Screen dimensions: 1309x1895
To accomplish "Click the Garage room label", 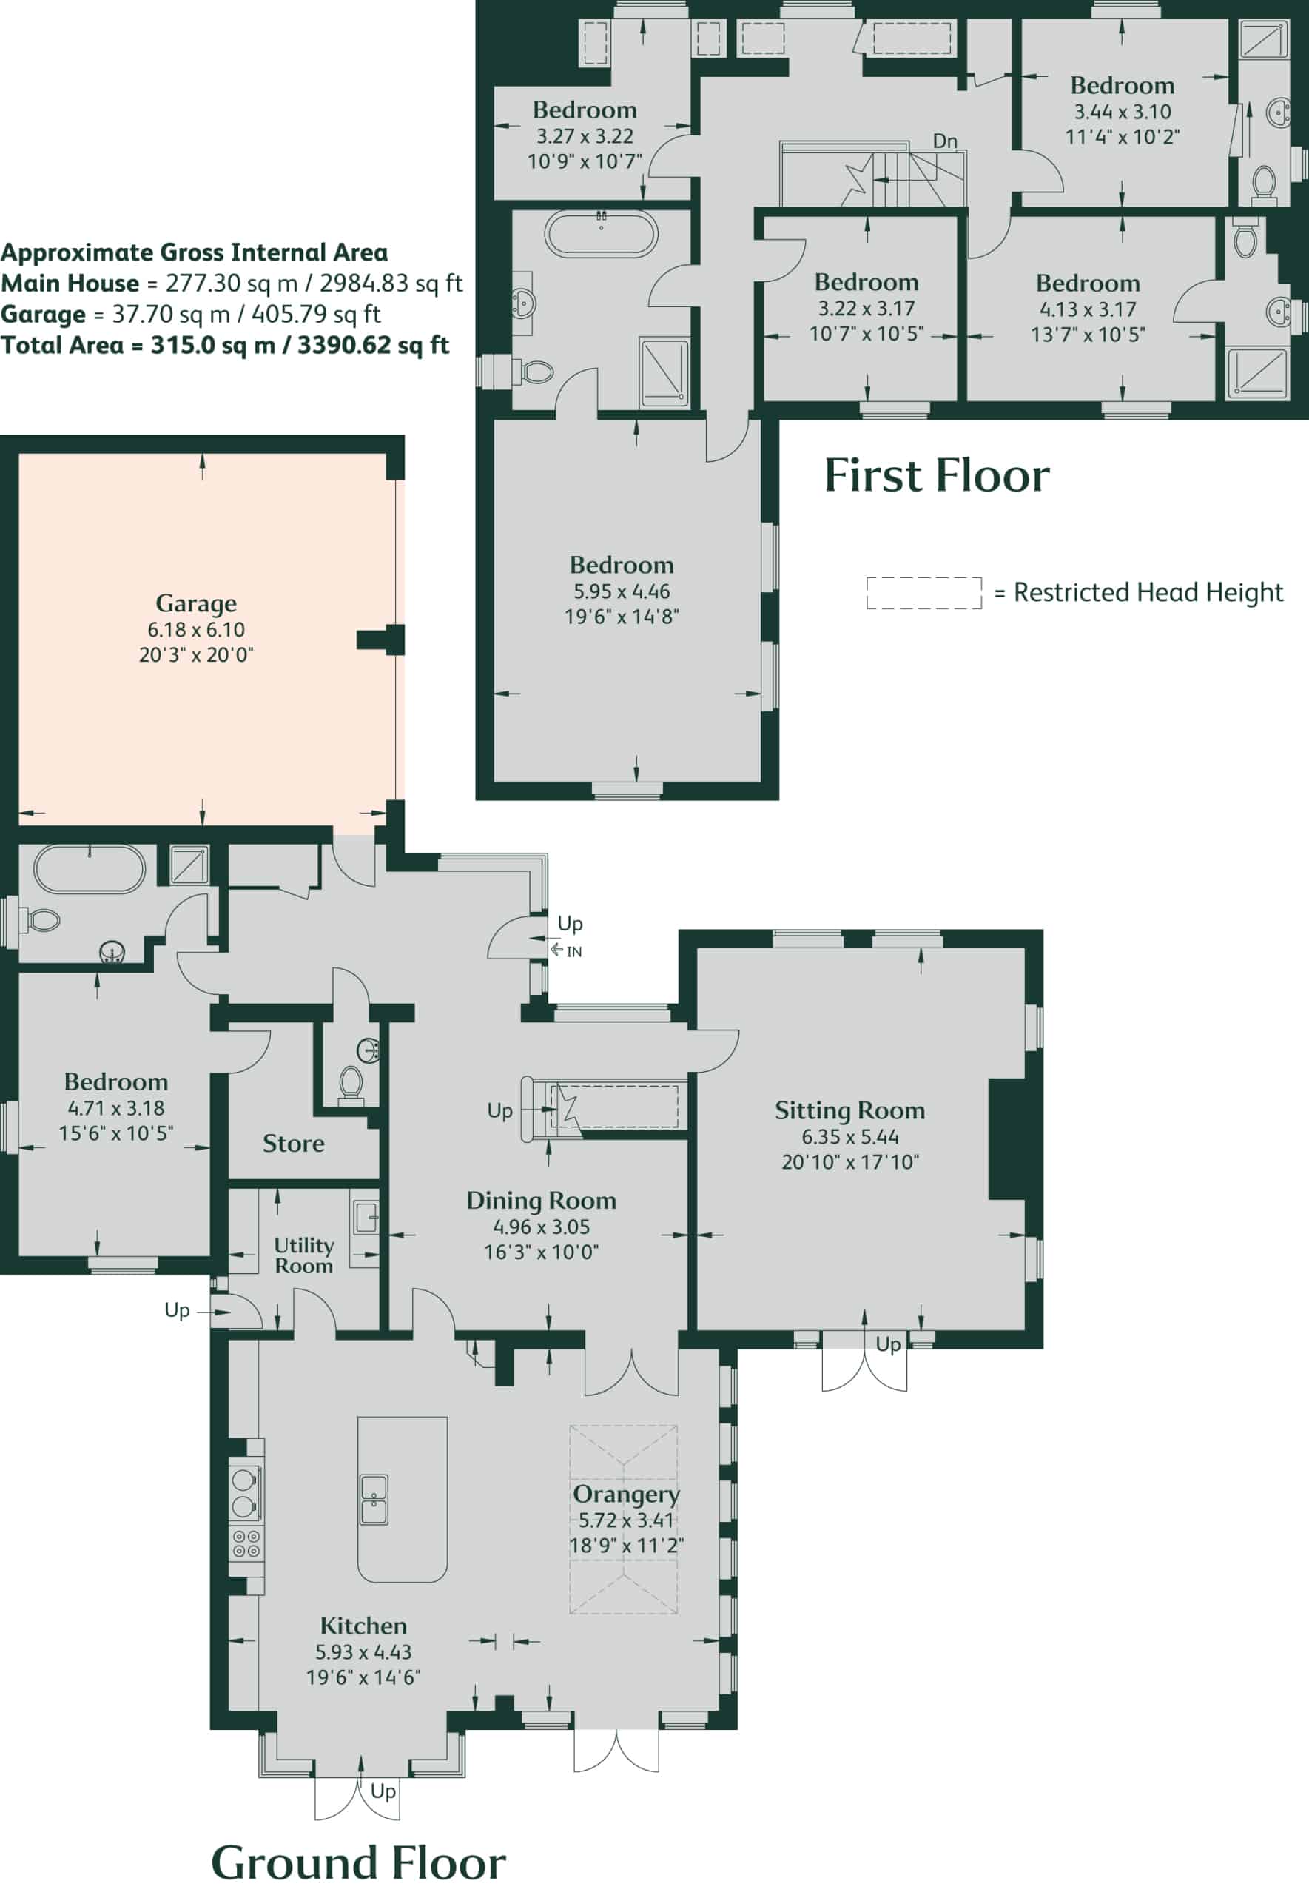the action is (x=196, y=604).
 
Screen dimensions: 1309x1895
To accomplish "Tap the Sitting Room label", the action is (x=849, y=1111).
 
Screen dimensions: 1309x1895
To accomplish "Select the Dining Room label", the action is (x=542, y=1201).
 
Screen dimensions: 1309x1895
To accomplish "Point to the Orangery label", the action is (x=626, y=1495).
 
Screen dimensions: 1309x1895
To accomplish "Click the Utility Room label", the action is (x=303, y=1255).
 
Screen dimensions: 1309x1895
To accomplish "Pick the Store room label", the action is (x=294, y=1144).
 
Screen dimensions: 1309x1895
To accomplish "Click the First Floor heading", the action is (x=937, y=476).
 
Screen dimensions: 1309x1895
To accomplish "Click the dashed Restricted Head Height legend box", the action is (x=923, y=593).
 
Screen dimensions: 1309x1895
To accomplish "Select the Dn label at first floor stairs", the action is (x=945, y=141).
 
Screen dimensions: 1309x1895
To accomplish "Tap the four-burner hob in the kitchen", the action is (x=246, y=1543).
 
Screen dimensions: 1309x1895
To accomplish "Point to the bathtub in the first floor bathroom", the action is (x=601, y=234).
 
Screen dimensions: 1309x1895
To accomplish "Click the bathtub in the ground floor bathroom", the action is (x=90, y=869).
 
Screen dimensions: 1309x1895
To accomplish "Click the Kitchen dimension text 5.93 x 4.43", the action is (x=363, y=1652).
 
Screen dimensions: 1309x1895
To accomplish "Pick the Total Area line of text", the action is (x=225, y=346).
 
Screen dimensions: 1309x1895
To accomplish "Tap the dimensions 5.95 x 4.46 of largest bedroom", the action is (x=622, y=591).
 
